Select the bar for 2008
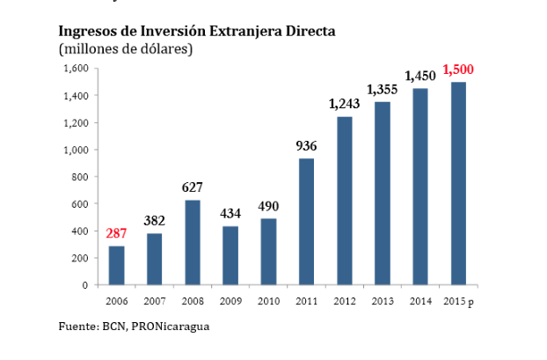tap(192, 242)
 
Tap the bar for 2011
tap(305, 221)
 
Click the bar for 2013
tap(382, 193)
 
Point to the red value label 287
tap(116, 234)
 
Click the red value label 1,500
tap(458, 70)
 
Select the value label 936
tap(306, 146)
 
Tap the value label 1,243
tap(344, 104)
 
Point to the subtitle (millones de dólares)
tap(125, 48)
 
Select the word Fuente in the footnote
tap(77, 327)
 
